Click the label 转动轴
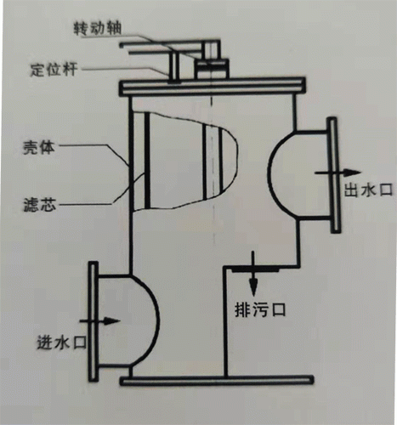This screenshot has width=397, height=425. click(98, 29)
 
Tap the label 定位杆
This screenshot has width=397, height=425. click(54, 70)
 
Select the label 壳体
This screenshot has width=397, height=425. click(39, 147)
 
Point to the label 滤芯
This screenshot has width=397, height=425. click(39, 204)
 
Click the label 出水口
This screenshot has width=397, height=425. click(368, 189)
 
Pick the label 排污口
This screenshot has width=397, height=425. click(260, 309)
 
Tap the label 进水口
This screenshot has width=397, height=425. click(62, 343)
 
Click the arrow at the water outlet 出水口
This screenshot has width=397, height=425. click(338, 173)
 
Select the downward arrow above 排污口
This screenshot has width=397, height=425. click(253, 275)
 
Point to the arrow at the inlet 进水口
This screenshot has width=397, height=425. click(99, 321)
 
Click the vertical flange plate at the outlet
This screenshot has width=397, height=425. click(333, 175)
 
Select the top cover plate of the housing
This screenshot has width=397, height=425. click(213, 86)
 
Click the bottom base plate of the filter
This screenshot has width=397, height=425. click(217, 381)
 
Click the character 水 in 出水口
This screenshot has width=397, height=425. click(368, 189)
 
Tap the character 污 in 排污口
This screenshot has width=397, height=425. click(260, 309)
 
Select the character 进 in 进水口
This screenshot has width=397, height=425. click(45, 343)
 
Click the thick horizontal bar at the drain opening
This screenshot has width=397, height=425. click(255, 270)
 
